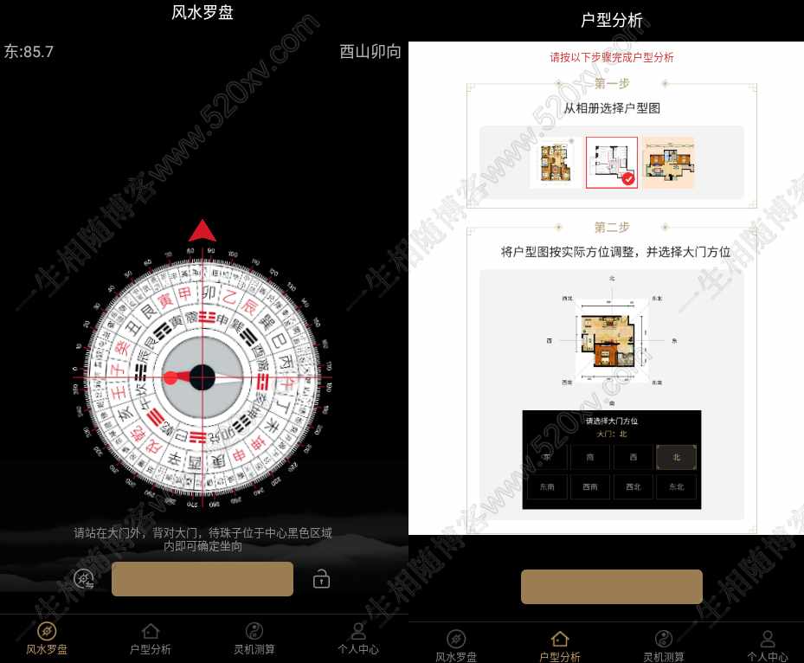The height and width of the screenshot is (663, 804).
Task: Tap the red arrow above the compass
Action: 202,230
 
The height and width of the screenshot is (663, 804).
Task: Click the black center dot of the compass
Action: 203,377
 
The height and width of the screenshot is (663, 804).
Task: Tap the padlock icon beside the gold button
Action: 321,578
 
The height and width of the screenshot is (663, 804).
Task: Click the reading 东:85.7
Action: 29,52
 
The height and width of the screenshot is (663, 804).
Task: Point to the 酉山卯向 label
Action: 370,52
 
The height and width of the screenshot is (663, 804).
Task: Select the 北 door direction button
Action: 676,457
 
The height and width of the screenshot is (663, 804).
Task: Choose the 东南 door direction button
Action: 547,486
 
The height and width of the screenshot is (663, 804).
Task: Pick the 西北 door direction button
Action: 633,486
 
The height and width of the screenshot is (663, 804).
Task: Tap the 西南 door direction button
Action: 589,486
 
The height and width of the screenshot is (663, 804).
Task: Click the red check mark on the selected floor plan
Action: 629,179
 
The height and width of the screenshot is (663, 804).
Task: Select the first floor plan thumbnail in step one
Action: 556,163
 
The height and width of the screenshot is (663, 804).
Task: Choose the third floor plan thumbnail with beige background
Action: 667,163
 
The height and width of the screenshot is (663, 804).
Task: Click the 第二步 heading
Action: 612,228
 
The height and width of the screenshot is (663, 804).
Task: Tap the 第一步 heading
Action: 612,84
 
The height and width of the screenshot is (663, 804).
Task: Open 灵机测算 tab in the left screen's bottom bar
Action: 254,640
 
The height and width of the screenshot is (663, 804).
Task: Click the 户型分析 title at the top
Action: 612,20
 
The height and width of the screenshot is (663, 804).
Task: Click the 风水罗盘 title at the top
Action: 203,13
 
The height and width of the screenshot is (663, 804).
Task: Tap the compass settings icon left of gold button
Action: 84,579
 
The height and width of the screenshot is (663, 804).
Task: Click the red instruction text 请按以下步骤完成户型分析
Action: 612,58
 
